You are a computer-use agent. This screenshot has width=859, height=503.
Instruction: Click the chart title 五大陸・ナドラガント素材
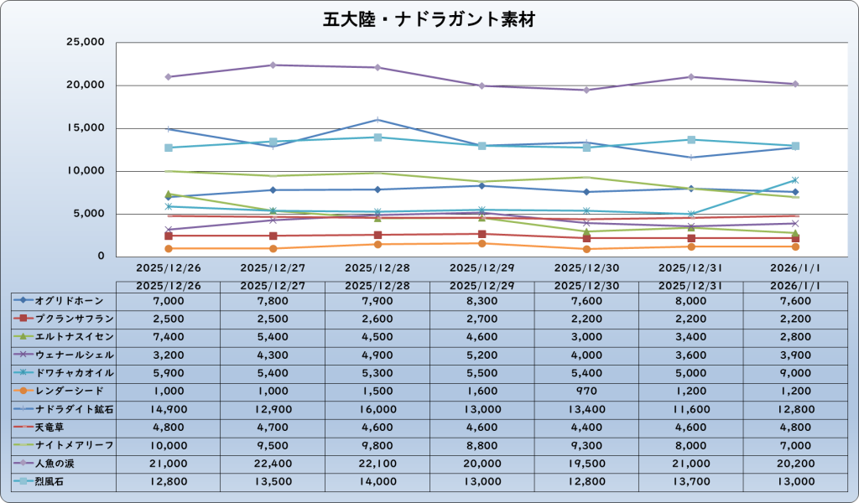click(x=429, y=18)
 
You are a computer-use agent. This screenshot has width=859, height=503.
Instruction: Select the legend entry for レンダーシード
click(x=64, y=391)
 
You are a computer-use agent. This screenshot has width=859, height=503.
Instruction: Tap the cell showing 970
click(x=586, y=392)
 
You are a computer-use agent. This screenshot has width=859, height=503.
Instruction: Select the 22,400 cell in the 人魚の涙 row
click(x=272, y=463)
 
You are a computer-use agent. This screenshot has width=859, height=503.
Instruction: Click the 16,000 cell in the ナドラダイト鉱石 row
click(x=377, y=409)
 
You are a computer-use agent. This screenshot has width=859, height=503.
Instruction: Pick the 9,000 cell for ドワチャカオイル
click(x=795, y=373)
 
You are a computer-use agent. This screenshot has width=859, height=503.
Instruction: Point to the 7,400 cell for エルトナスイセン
click(x=168, y=337)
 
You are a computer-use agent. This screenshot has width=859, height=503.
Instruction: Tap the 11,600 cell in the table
click(x=690, y=409)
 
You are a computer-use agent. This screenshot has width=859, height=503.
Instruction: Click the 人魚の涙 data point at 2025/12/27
click(x=273, y=65)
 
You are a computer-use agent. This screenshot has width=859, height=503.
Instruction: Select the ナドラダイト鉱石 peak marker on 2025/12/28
click(x=377, y=120)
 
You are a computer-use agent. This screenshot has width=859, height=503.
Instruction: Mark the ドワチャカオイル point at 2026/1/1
click(x=795, y=179)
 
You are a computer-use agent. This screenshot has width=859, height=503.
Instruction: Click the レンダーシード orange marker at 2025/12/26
click(x=169, y=248)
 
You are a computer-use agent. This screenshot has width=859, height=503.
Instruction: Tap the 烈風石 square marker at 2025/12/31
click(x=690, y=139)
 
